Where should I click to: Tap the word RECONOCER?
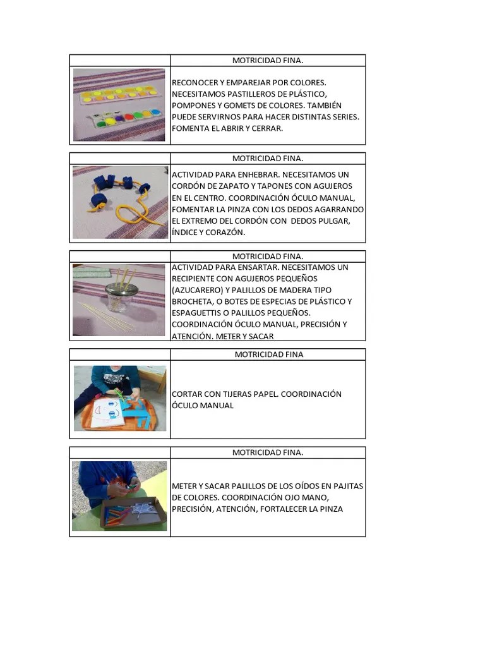pyautogui.click(x=193, y=83)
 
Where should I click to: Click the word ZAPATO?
pyautogui.click(x=234, y=186)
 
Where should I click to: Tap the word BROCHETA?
pyautogui.click(x=192, y=301)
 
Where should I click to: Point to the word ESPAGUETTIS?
pyautogui.click(x=198, y=313)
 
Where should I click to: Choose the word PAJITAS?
pyautogui.click(x=345, y=486)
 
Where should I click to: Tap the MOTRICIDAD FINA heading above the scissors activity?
pyautogui.click(x=269, y=354)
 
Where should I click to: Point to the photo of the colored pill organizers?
pyautogui.click(x=119, y=105)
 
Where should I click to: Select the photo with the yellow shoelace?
pyautogui.click(x=119, y=202)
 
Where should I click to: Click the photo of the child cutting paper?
pyautogui.click(x=120, y=398)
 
